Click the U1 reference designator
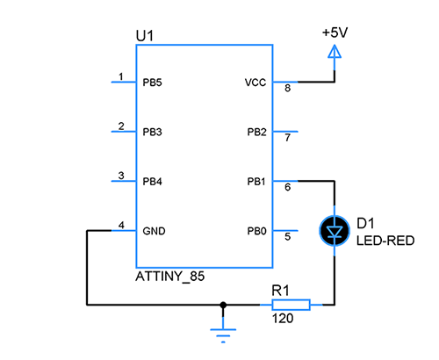coord(145,36)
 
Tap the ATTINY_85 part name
coord(170,276)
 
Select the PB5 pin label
coord(153,83)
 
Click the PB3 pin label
coord(153,133)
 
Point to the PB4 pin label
coord(153,182)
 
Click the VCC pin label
coord(255,83)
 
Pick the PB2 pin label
coord(256,133)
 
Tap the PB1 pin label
coord(256,182)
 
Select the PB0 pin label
coord(256,232)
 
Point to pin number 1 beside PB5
coord(121,76)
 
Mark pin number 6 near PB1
coord(286,187)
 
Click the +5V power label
coord(335,32)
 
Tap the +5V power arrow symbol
coord(334,54)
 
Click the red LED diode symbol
coord(334,232)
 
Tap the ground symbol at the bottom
coord(224,332)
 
